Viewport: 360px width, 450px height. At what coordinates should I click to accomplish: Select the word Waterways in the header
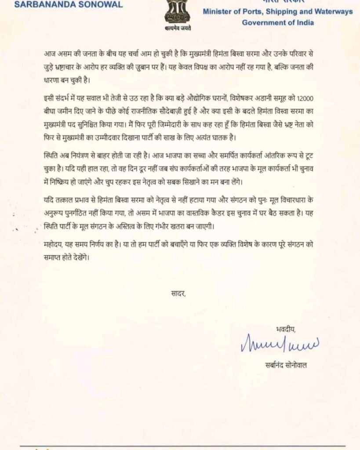point(331,12)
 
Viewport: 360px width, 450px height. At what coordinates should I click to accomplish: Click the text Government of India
point(278,22)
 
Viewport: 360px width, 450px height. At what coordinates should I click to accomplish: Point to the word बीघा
point(52,107)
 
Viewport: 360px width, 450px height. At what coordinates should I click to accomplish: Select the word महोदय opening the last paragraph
point(54,246)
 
